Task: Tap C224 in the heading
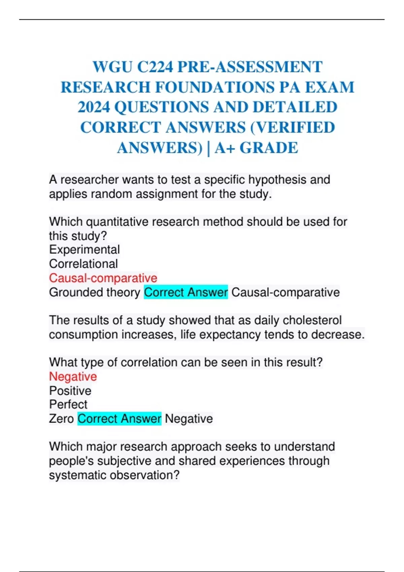155,67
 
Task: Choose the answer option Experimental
85,250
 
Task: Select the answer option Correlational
83,264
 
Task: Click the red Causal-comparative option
103,278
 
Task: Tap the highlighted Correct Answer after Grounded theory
186,292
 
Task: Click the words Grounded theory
95,292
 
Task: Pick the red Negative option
73,377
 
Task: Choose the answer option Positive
70,391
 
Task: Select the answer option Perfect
68,404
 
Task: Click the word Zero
61,419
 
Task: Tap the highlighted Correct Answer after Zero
120,419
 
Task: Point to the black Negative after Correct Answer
189,419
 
